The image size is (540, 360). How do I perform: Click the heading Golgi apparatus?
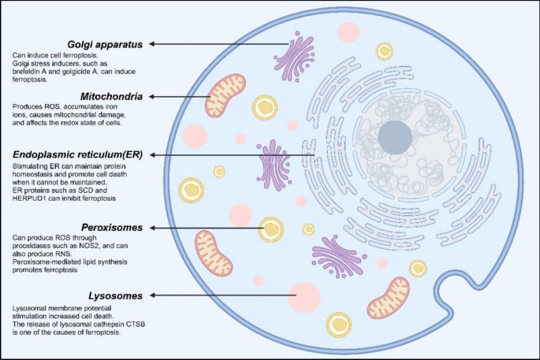[105, 43]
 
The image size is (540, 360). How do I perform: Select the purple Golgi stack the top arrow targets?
[296, 45]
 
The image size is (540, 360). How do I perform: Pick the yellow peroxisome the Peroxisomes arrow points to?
[272, 228]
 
